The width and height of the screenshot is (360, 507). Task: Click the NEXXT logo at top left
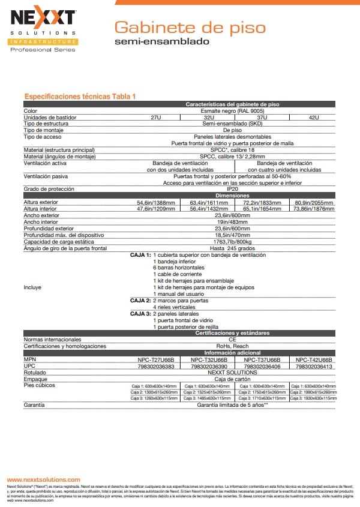(x=41, y=18)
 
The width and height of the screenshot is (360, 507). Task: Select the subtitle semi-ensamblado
(x=161, y=42)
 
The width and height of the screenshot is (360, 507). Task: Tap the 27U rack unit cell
(x=155, y=117)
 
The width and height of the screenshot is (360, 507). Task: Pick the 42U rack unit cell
(x=313, y=117)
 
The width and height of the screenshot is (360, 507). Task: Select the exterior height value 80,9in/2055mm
(x=314, y=202)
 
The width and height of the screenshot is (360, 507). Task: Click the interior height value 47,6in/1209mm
(x=156, y=209)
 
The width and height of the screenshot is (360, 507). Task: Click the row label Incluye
(x=32, y=287)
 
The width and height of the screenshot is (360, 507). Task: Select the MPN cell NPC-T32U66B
(x=208, y=359)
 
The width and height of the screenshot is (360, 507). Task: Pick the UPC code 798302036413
(x=313, y=366)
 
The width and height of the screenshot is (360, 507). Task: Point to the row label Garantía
(x=34, y=406)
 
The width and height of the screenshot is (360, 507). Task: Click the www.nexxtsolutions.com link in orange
(x=43, y=480)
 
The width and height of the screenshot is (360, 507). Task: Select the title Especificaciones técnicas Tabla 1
(x=80, y=97)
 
